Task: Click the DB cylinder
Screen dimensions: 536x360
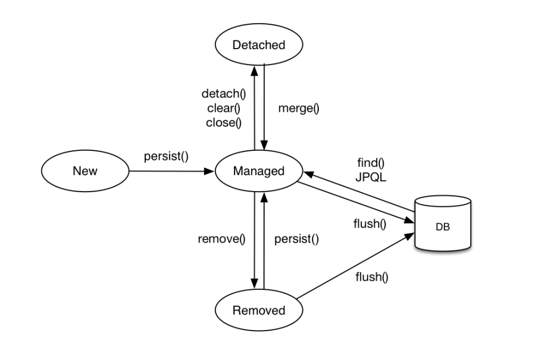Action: coord(443,223)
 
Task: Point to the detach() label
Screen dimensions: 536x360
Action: coord(223,94)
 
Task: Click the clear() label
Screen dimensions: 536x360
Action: coord(223,109)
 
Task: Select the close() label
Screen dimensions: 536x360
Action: coord(223,123)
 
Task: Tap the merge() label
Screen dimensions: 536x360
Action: coord(299,109)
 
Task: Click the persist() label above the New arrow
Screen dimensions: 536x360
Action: coord(166,157)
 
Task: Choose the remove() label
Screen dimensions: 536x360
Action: coord(222,238)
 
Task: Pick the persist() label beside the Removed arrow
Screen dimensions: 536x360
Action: coord(297,238)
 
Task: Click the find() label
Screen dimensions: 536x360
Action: coord(371,163)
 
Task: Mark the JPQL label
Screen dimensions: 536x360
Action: coord(371,177)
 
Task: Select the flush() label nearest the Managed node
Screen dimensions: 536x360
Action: coord(370,224)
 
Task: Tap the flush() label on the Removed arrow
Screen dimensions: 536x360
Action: coord(372,277)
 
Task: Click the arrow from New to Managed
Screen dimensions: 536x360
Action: coord(172,171)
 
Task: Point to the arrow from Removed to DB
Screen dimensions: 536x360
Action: coord(355,266)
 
